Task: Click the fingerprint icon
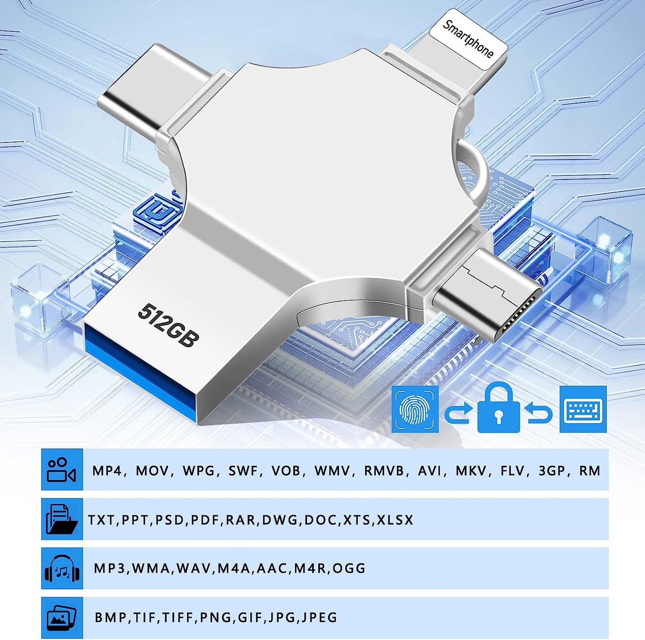415,410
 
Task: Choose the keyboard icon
583,410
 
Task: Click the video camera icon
62,469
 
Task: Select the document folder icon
62,519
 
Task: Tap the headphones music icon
62,568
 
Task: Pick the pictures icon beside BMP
62,617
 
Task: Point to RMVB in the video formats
384,471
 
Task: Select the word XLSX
395,520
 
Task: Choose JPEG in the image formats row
320,618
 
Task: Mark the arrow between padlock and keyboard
540,412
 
